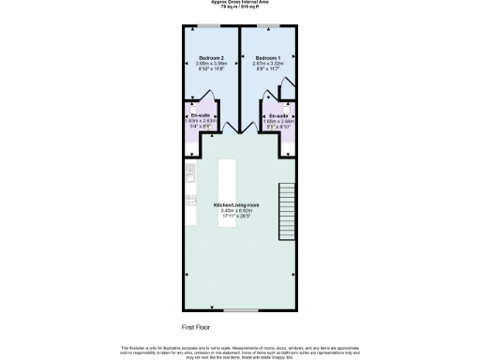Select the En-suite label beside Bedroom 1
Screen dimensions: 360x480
[277, 116]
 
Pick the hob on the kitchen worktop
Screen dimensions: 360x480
[188, 200]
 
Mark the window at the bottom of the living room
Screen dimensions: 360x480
[240, 308]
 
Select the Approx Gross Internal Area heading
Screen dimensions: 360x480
[240, 3]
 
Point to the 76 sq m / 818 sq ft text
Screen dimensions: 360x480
[240, 7]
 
